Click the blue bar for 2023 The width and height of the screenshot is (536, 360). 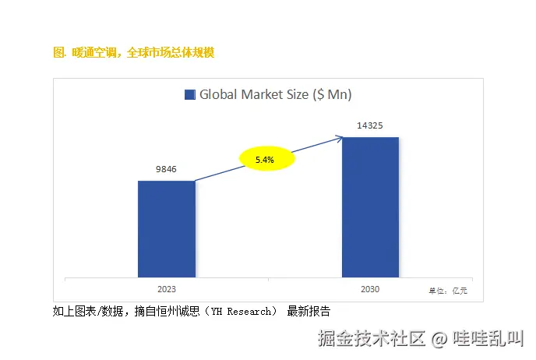[167, 228]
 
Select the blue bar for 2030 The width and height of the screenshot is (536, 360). [370, 206]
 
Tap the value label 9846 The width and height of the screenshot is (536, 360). [167, 168]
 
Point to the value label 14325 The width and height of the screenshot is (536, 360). [370, 125]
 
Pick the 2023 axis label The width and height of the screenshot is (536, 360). [167, 288]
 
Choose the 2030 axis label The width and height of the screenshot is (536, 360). [370, 289]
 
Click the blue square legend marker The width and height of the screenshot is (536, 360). [189, 95]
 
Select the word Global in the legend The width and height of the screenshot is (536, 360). [218, 95]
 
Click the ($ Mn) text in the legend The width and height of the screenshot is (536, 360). [332, 95]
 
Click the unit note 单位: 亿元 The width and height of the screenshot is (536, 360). [448, 291]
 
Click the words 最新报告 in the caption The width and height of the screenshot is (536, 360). [309, 312]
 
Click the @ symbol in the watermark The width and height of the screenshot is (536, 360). [439, 339]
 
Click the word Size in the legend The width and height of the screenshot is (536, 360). [297, 95]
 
